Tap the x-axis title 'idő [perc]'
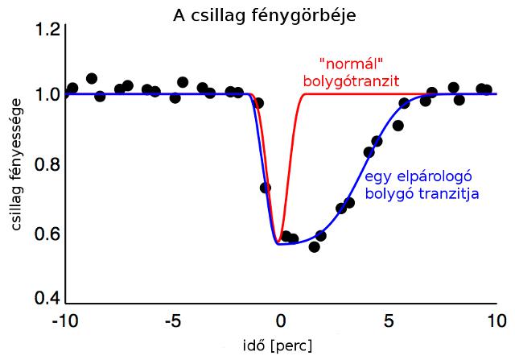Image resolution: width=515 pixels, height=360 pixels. point(279,346)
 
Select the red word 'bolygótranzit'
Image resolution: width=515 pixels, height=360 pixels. point(352,81)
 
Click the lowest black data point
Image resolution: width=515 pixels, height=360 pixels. point(315,246)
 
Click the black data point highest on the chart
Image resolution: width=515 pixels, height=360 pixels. point(92,78)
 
